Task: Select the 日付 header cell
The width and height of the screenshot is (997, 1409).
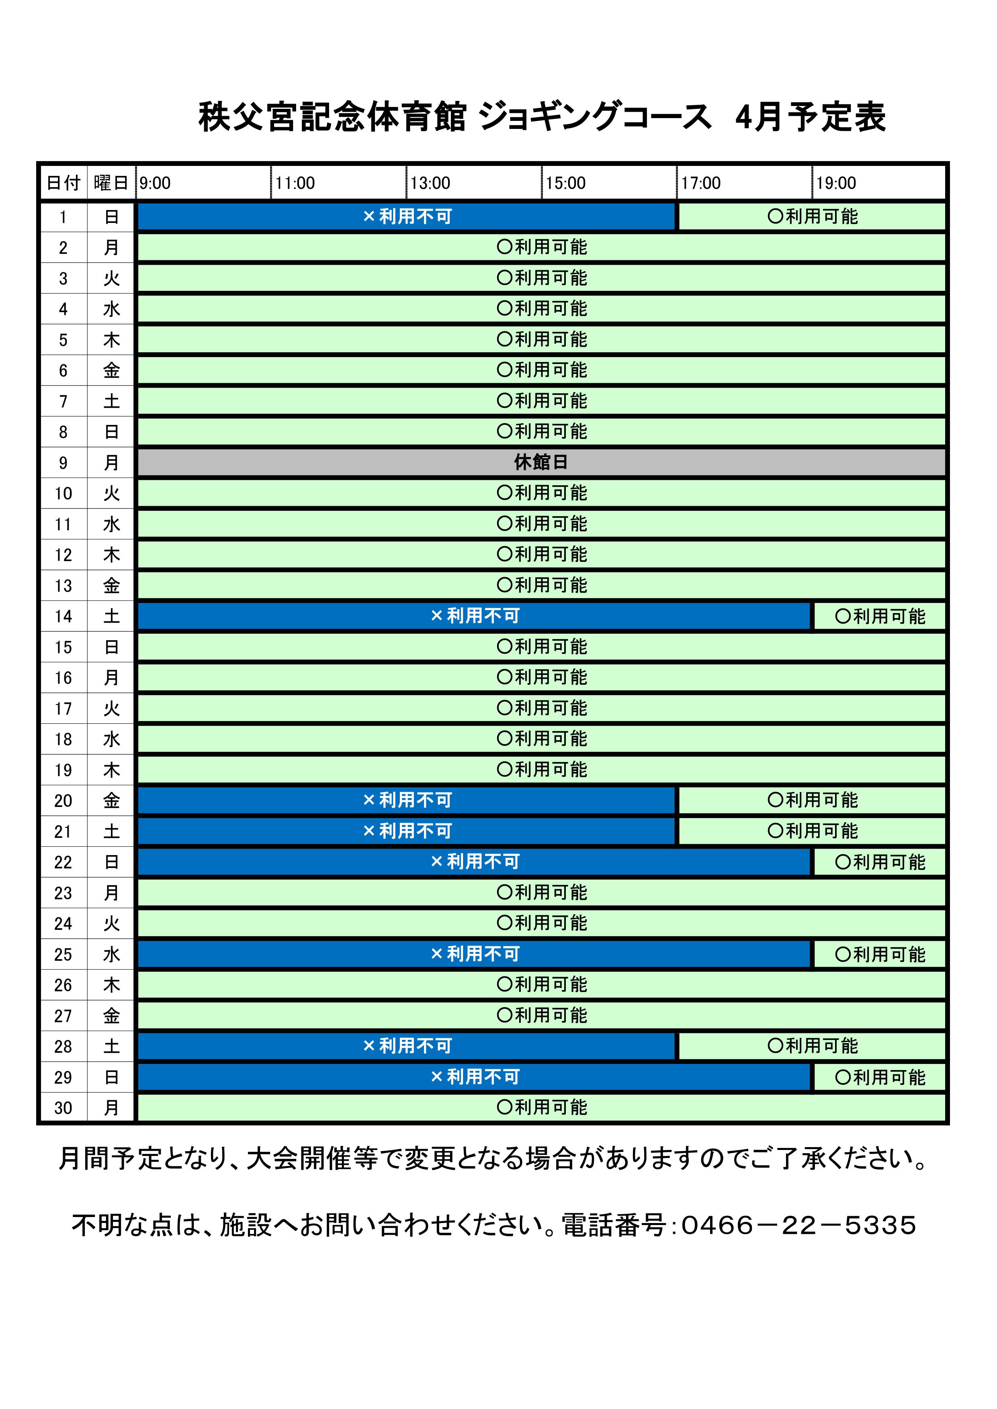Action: point(63,183)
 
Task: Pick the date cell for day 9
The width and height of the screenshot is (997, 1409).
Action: point(63,463)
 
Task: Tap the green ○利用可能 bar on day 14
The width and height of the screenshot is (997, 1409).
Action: point(879,616)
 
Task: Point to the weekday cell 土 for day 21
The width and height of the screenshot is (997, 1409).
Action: point(111,831)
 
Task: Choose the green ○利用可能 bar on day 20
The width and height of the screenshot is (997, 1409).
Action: point(812,800)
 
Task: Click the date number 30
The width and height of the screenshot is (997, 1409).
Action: point(63,1108)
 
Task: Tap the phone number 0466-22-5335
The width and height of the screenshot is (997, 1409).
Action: point(798,1225)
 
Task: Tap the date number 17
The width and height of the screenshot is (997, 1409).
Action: point(63,709)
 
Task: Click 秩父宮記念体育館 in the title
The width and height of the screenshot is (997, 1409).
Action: point(332,116)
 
